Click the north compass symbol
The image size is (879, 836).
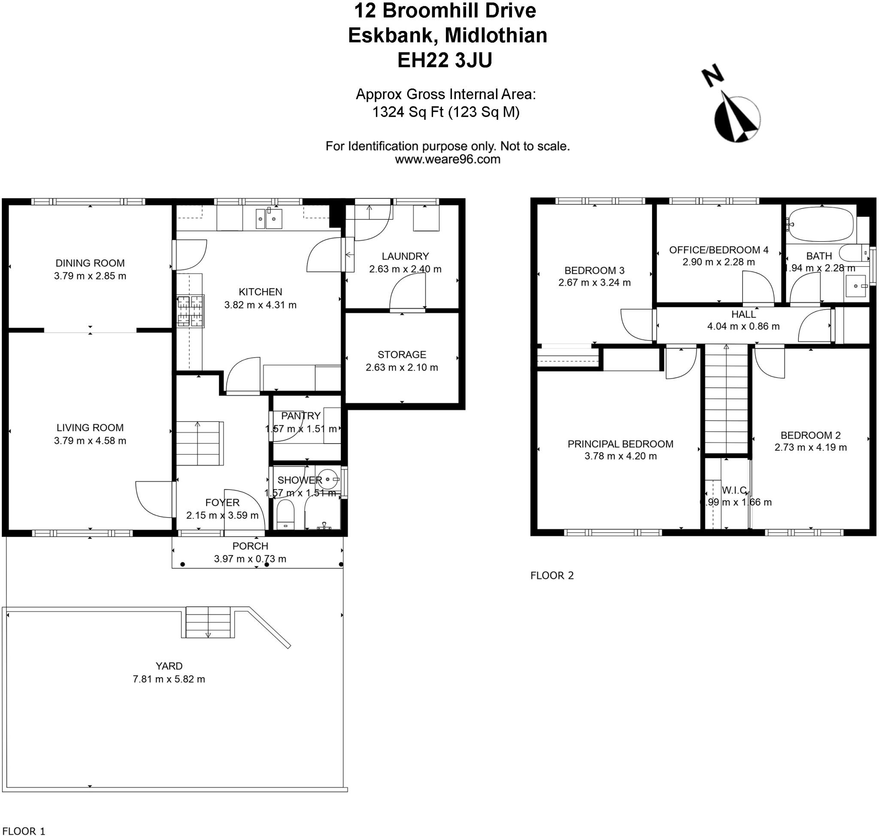pyautogui.click(x=736, y=118)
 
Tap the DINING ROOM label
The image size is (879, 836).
pyautogui.click(x=90, y=263)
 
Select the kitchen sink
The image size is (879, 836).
pyautogui.click(x=269, y=219)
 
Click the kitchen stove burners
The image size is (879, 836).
pyautogui.click(x=190, y=310)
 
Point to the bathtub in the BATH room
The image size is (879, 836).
pyautogui.click(x=821, y=225)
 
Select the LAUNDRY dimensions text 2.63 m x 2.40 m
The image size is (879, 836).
pyautogui.click(x=405, y=269)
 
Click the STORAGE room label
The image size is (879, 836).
pyautogui.click(x=402, y=355)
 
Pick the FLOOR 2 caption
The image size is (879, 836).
pyautogui.click(x=552, y=576)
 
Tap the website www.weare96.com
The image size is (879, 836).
pyautogui.click(x=447, y=160)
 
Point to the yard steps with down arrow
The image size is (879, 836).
pyautogui.click(x=208, y=622)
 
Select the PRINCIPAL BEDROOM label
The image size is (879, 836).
pyautogui.click(x=620, y=444)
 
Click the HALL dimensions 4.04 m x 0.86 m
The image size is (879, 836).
pyautogui.click(x=743, y=326)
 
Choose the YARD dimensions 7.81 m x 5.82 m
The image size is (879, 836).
pyautogui.click(x=169, y=679)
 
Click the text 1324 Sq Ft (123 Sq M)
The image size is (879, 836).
pyautogui.click(x=446, y=112)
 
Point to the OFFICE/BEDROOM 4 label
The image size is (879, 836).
pyautogui.click(x=718, y=250)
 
